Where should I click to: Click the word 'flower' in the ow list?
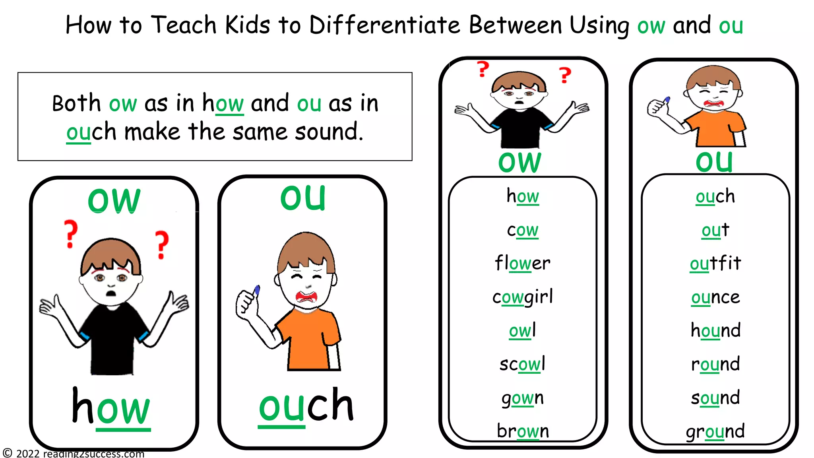522,263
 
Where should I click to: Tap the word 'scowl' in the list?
522,364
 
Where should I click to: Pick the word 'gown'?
522,398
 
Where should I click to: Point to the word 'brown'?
522,431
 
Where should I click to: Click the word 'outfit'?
715,263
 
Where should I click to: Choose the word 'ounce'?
715,297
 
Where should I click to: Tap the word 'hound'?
715,330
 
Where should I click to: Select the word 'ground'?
715,431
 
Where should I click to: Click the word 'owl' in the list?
522,330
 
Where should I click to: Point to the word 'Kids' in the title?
248,25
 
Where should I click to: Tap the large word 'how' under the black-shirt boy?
111,407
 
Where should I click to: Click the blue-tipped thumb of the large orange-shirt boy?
256,290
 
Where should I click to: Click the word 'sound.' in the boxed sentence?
329,132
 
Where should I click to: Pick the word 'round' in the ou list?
715,364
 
